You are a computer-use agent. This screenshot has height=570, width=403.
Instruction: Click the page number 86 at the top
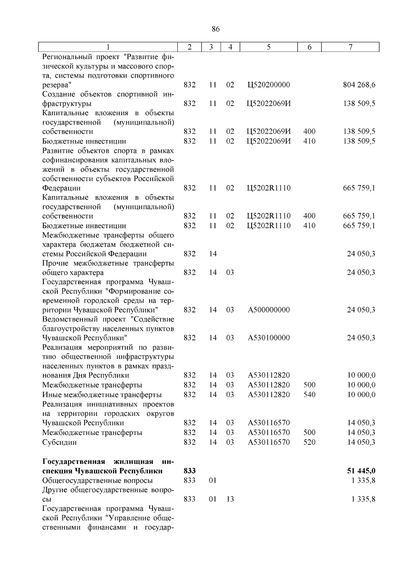tap(216, 29)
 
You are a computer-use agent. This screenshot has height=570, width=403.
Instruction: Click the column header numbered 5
tap(269, 47)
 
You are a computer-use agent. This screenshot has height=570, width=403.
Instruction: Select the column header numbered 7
tap(350, 47)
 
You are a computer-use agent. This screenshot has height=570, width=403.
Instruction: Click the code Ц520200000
tap(269, 85)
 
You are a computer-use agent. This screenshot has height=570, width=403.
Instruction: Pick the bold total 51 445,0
tap(361, 471)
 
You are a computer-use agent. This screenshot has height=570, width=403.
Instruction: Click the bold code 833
tap(190, 471)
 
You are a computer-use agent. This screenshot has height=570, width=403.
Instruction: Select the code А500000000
tap(269, 310)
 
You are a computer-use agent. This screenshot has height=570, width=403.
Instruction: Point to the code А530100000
tap(269, 338)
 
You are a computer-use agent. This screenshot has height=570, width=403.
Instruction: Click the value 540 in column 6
tap(309, 394)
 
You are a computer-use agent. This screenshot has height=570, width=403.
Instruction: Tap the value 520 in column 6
tap(309, 442)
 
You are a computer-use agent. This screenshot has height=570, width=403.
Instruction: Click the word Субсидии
tap(59, 442)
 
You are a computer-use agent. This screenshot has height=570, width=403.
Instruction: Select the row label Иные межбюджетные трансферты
tap(102, 394)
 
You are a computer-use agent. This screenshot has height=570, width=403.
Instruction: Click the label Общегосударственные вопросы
tap(97, 480)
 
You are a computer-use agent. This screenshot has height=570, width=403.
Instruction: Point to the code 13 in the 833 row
tap(230, 499)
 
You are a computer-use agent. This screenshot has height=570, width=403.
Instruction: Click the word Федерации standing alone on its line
tap(61, 188)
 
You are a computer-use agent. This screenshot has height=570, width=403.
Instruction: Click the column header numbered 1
tap(108, 47)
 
